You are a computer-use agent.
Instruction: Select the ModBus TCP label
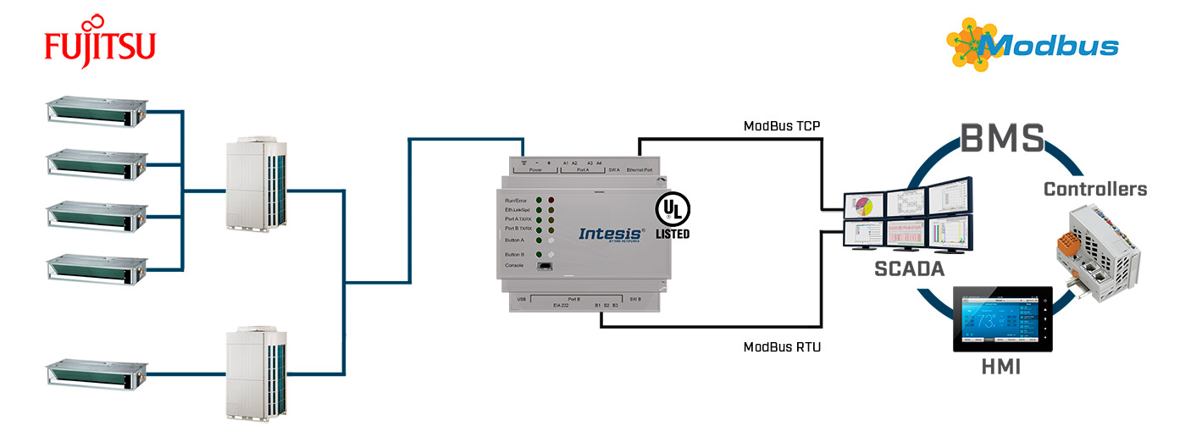click(x=782, y=127)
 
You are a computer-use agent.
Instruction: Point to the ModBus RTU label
click(x=782, y=346)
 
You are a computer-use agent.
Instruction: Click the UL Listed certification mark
click(x=673, y=216)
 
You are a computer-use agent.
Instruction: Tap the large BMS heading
click(x=1002, y=139)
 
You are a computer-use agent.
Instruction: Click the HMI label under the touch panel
click(x=1000, y=367)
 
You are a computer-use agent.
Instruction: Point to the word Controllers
click(x=1094, y=189)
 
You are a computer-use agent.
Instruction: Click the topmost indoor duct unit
click(x=94, y=111)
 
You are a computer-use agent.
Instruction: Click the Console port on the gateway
click(x=546, y=267)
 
